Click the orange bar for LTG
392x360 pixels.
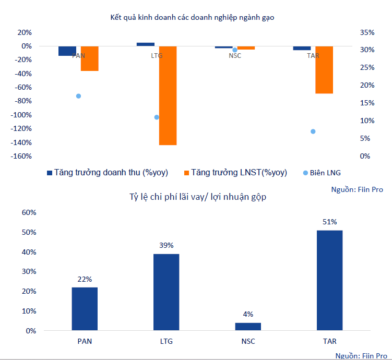tap(168, 95)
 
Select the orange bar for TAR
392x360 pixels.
tap(324, 70)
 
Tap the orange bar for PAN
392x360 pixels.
tap(90, 58)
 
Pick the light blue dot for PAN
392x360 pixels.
tap(78, 96)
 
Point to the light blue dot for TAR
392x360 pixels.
tap(313, 131)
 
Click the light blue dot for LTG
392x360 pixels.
tap(157, 117)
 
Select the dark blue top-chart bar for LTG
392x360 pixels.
tap(146, 44)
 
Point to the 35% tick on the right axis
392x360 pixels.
tap(367, 32)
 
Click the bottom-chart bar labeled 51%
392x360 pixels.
tap(329, 280)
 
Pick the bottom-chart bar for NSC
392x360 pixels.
tap(248, 327)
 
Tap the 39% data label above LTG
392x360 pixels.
tap(167, 245)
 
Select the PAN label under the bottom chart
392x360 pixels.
tap(84, 342)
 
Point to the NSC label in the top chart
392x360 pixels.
tap(235, 55)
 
